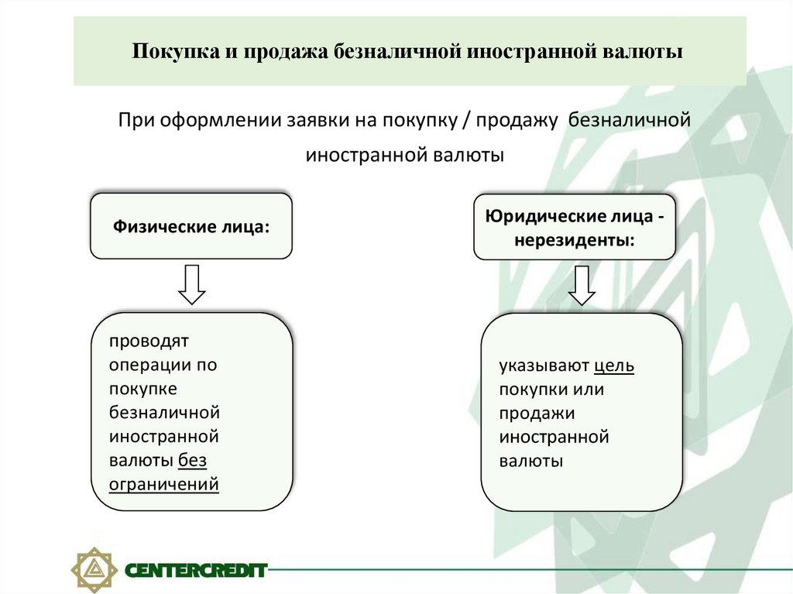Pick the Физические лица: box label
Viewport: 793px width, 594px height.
tap(191, 227)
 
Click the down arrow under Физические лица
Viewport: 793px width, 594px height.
tap(191, 284)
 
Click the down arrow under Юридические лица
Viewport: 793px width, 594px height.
tap(582, 286)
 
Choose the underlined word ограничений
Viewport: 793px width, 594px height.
tap(164, 485)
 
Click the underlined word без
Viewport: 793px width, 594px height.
tap(193, 461)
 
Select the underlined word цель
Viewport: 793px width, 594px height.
tap(615, 366)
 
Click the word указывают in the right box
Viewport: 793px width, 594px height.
tap(544, 366)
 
